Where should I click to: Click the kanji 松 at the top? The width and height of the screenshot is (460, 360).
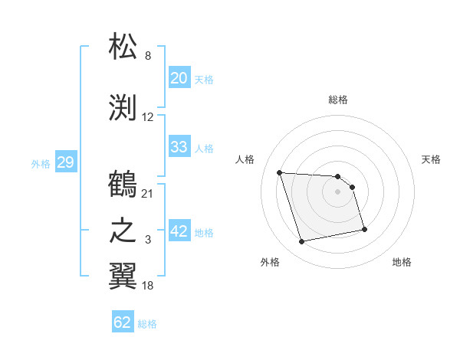pos(123,47)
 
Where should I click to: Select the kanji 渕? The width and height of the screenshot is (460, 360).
pos(123,108)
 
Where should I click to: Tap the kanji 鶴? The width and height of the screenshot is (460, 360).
pos(123,185)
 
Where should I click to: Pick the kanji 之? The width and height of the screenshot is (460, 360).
pos(123,231)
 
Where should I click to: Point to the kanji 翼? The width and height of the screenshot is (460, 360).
pos(123,277)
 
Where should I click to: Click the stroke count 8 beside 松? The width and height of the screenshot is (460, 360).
pos(148,56)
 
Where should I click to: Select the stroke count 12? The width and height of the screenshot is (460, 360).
pos(148,117)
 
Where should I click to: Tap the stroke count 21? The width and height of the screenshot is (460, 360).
pos(148,193)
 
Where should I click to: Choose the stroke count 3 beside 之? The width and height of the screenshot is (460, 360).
pos(148,240)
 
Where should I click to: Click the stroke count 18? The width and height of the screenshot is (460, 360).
pos(148,286)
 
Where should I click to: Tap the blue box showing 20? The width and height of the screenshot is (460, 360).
pos(179,78)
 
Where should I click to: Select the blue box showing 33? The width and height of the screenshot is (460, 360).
pos(179,147)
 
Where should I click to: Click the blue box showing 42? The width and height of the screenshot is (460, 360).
pos(179,231)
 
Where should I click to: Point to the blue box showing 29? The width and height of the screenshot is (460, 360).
pos(65,162)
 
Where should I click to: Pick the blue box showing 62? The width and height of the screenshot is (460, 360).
pos(123,322)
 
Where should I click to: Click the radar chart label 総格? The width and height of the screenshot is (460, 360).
pos(338,100)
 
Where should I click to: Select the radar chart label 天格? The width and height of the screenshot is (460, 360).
pos(431,159)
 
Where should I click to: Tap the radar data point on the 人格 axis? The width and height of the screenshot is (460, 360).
pos(280,172)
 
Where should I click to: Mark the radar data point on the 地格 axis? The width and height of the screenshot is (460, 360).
pos(364,229)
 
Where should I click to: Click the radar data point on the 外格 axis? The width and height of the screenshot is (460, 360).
pos(302,242)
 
